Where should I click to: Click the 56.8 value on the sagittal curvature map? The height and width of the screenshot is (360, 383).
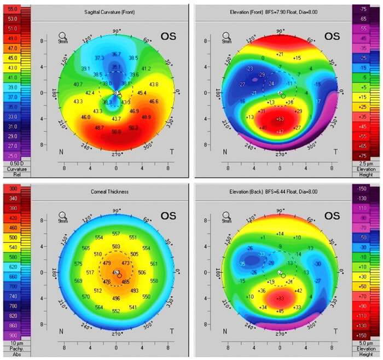coord(116,132)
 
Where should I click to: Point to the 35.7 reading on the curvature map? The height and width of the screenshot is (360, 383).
coord(116,54)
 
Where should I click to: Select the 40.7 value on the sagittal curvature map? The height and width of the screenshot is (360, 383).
coord(78,84)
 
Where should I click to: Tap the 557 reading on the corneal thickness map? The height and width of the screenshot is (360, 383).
coord(115,234)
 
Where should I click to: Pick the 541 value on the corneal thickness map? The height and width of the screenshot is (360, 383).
coord(133,307)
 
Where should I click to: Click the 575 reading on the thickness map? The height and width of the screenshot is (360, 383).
coord(78,264)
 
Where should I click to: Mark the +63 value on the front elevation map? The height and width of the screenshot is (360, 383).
coord(280,119)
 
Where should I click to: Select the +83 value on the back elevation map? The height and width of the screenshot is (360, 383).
coord(280,298)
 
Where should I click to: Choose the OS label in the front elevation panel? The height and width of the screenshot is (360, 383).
coord(332,36)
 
